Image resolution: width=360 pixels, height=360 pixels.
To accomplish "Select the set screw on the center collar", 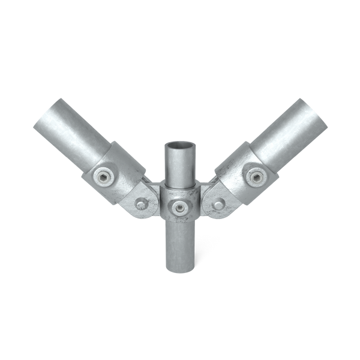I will pos(178,206).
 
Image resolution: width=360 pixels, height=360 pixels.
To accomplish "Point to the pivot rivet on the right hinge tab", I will pos(216,204).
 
